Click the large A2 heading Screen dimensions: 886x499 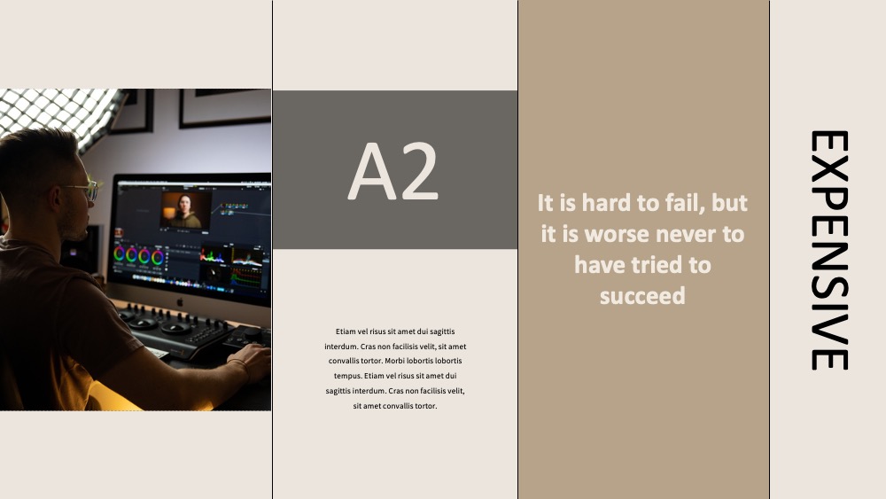click(393, 171)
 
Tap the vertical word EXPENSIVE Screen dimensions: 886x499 click(829, 250)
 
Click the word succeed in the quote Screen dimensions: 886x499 click(642, 295)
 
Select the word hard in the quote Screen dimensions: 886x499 click(605, 202)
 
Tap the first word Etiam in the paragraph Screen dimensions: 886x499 click(346, 331)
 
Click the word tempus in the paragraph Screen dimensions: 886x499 click(347, 376)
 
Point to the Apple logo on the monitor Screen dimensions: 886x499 click(180, 302)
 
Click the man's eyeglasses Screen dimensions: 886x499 click(83, 190)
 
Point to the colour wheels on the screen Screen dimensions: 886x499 click(138, 255)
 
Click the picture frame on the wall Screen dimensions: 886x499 click(224, 107)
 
